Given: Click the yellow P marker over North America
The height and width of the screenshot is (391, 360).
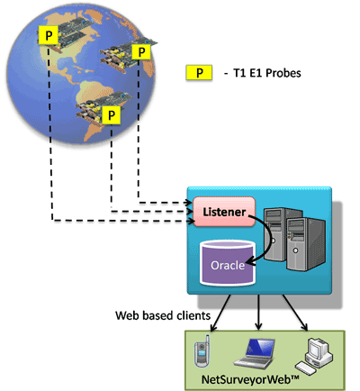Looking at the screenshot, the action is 48,35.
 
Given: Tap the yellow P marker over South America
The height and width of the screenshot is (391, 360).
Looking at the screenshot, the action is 112,114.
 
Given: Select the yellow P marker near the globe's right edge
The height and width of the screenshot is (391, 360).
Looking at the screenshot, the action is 141,52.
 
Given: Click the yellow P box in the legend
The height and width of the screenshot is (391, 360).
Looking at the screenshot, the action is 199,73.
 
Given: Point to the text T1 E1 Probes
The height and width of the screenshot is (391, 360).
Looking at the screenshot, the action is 267,73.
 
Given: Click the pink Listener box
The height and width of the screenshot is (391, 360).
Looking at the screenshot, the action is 224,212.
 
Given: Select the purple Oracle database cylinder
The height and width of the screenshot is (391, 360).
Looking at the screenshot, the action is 228,263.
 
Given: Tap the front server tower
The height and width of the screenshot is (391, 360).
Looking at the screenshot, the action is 306,244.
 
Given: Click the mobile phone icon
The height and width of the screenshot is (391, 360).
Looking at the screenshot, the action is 202,351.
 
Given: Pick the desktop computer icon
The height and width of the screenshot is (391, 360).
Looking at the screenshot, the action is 314,356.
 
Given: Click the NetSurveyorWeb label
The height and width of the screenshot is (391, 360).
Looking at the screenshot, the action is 250,379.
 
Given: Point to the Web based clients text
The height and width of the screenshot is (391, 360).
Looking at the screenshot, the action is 163,315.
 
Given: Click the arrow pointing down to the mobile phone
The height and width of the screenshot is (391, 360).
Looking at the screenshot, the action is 220,314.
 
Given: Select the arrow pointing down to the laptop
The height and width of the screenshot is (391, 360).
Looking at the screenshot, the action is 258,313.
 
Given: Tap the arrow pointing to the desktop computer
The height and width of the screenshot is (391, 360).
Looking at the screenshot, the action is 295,313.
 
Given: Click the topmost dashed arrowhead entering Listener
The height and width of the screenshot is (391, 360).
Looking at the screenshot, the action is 188,203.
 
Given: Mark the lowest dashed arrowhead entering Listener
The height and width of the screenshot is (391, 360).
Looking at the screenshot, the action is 191,222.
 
